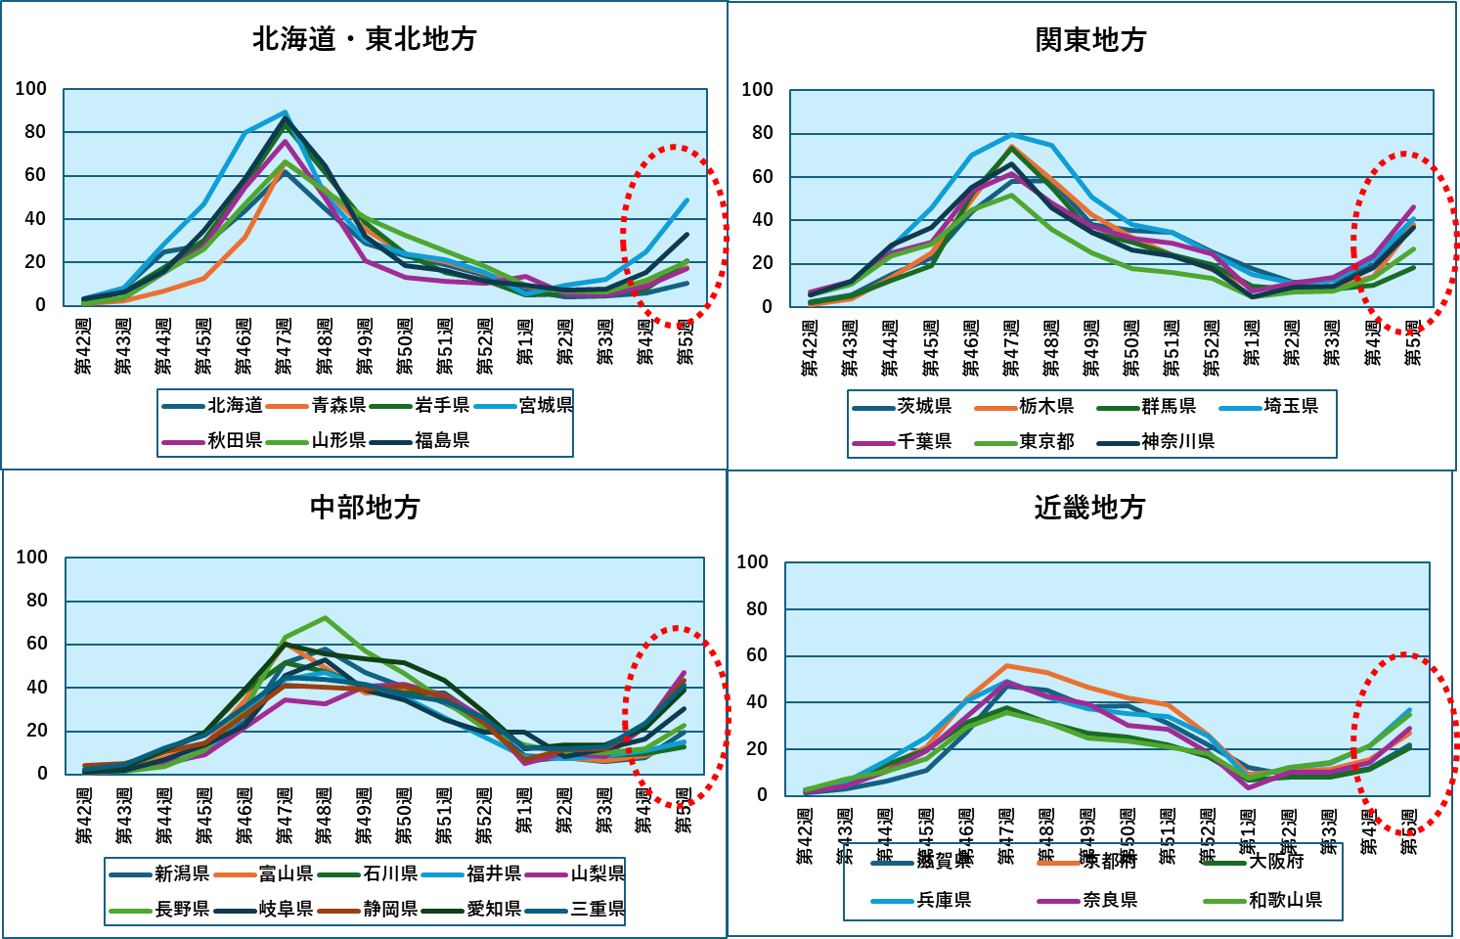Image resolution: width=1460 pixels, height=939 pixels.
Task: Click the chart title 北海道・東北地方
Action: click(364, 39)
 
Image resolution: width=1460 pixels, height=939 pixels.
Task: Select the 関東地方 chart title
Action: click(1090, 40)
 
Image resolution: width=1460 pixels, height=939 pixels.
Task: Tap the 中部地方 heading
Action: click(365, 507)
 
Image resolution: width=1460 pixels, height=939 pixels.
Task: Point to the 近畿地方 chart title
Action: click(1089, 507)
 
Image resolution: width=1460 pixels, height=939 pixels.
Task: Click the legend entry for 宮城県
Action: click(546, 405)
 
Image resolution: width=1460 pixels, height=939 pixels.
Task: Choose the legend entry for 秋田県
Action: click(235, 440)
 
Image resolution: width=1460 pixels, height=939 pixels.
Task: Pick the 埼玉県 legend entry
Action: click(1291, 406)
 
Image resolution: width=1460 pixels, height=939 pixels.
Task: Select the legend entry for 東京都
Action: click(1046, 441)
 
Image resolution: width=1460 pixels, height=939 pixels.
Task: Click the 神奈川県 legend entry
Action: click(1178, 441)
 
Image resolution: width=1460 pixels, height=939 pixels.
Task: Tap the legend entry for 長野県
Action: click(182, 910)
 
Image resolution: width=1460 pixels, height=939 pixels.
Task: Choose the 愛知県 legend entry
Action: click(494, 910)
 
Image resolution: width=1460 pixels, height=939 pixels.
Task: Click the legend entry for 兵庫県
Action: click(944, 900)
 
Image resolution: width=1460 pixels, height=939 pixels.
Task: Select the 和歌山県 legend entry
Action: click(1285, 900)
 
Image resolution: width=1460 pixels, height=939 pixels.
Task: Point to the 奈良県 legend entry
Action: click(1110, 900)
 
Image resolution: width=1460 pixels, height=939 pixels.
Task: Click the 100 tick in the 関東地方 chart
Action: click(757, 90)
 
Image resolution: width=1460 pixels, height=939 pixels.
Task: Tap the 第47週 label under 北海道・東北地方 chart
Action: click(284, 346)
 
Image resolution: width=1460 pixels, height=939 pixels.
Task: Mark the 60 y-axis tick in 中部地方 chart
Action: click(36, 644)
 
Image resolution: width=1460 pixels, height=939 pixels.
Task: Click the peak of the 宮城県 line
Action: click(285, 112)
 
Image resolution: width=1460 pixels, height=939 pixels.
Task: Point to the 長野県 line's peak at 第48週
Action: click(325, 617)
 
